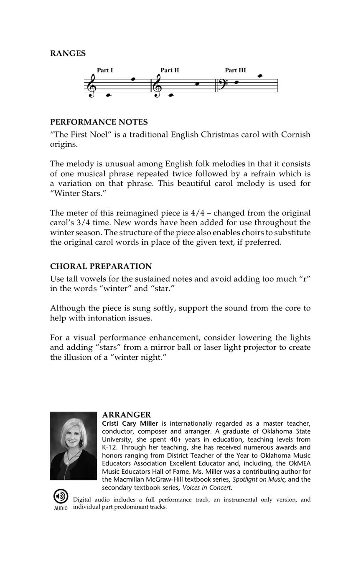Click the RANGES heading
click(x=68, y=53)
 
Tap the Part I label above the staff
click(x=105, y=70)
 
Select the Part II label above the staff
click(x=170, y=70)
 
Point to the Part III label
click(x=235, y=70)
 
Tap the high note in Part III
click(x=260, y=76)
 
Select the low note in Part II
click(x=170, y=95)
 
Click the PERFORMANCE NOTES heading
click(x=99, y=122)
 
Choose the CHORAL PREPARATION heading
click(x=101, y=266)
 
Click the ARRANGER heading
click(x=127, y=414)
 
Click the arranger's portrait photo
click(x=73, y=445)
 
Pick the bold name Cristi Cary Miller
click(x=130, y=423)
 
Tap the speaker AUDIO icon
click(x=61, y=497)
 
